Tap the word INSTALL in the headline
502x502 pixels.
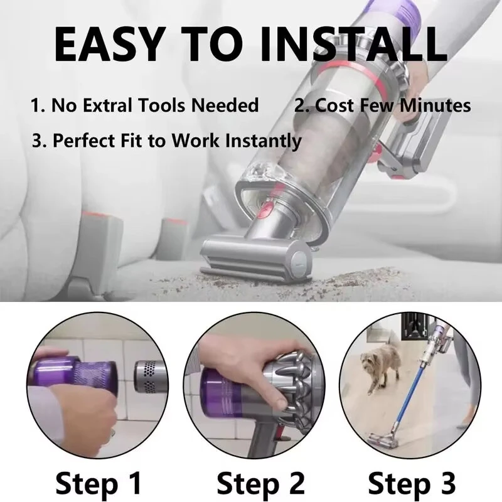coord(353,44)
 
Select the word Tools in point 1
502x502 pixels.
coord(161,105)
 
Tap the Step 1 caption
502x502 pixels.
coord(99,483)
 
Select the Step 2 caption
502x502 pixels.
coord(260,483)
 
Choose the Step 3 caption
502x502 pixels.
coord(412,483)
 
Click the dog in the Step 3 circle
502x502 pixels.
coord(380,365)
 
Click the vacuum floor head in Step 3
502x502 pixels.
coord(383,441)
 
